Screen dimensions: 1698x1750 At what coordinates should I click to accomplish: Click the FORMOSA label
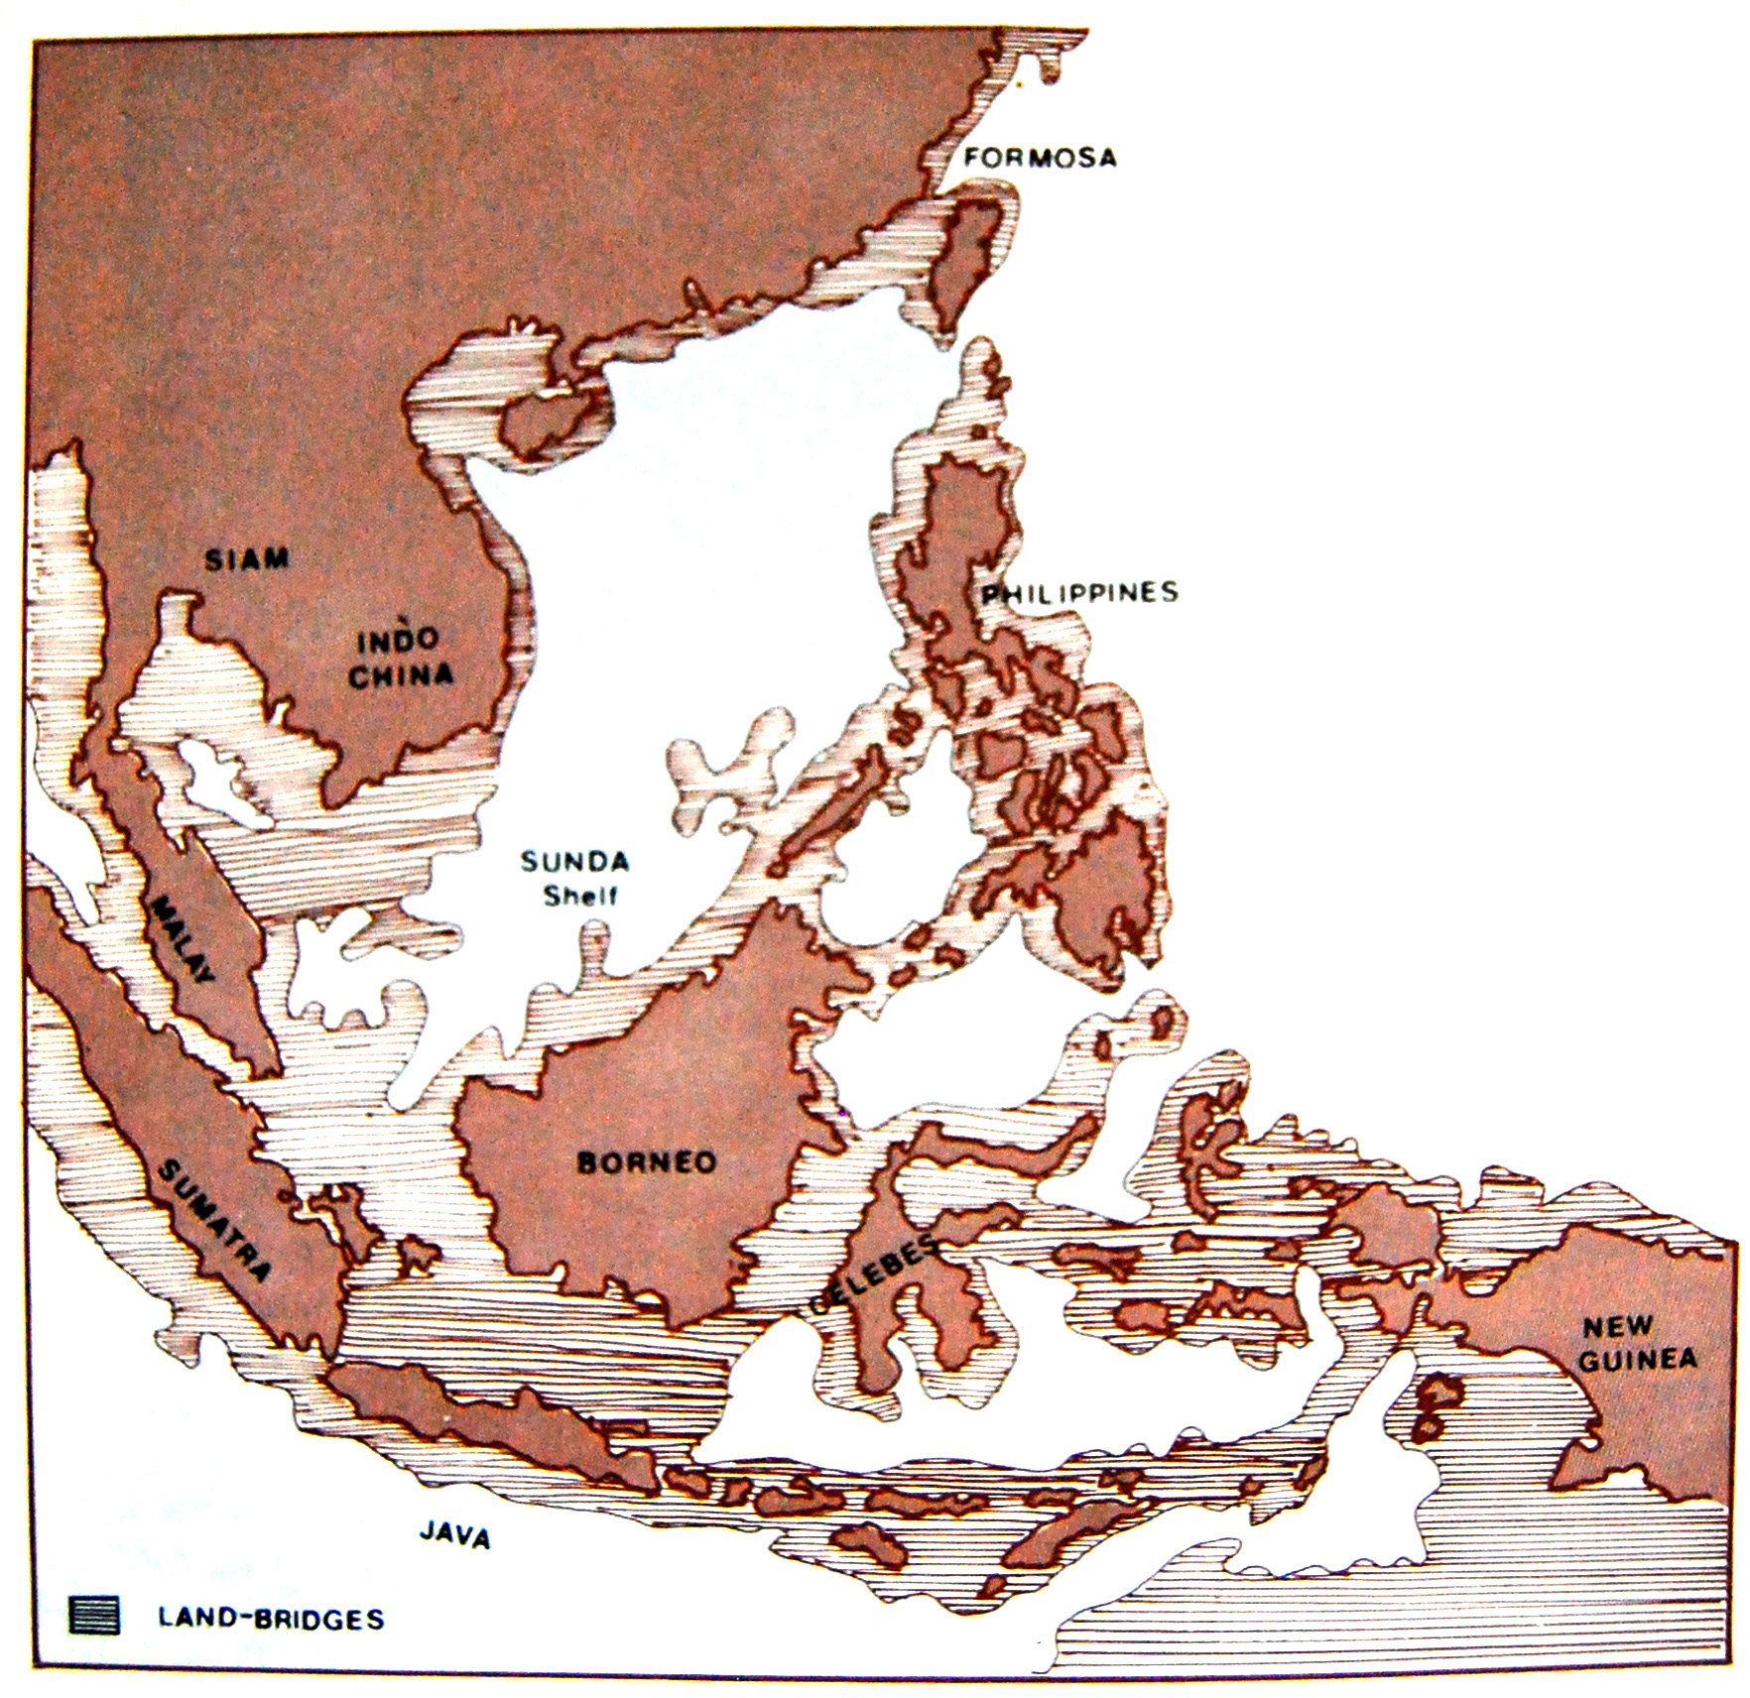click(x=1040, y=158)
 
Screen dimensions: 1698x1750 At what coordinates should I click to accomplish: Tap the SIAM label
click(x=247, y=559)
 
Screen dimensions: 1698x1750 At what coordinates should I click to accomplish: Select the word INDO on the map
click(x=398, y=640)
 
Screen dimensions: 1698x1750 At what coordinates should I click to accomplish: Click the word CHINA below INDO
click(x=401, y=676)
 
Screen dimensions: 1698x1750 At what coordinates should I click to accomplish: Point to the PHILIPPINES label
click(x=1080, y=593)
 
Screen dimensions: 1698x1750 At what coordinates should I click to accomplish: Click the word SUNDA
click(x=575, y=861)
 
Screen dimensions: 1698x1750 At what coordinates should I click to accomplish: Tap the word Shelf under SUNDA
click(x=580, y=895)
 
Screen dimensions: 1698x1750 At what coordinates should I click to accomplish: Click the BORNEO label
click(x=646, y=1161)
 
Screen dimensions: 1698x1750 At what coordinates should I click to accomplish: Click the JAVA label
click(x=454, y=1534)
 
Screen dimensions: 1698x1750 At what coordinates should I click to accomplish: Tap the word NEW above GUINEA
click(x=1617, y=1326)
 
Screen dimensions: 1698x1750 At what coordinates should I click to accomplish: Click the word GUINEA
click(x=1637, y=1360)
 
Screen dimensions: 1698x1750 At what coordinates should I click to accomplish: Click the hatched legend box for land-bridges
click(x=94, y=1615)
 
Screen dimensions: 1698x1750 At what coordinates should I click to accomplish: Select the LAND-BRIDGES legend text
click(x=271, y=1619)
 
